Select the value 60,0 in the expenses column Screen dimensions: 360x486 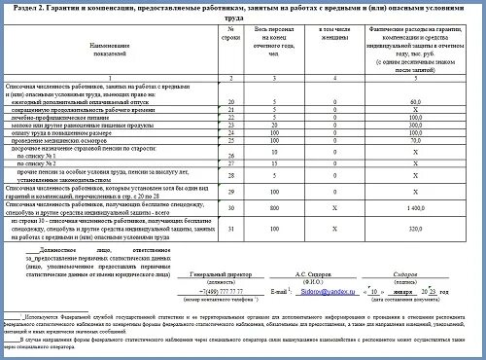[413, 127]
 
